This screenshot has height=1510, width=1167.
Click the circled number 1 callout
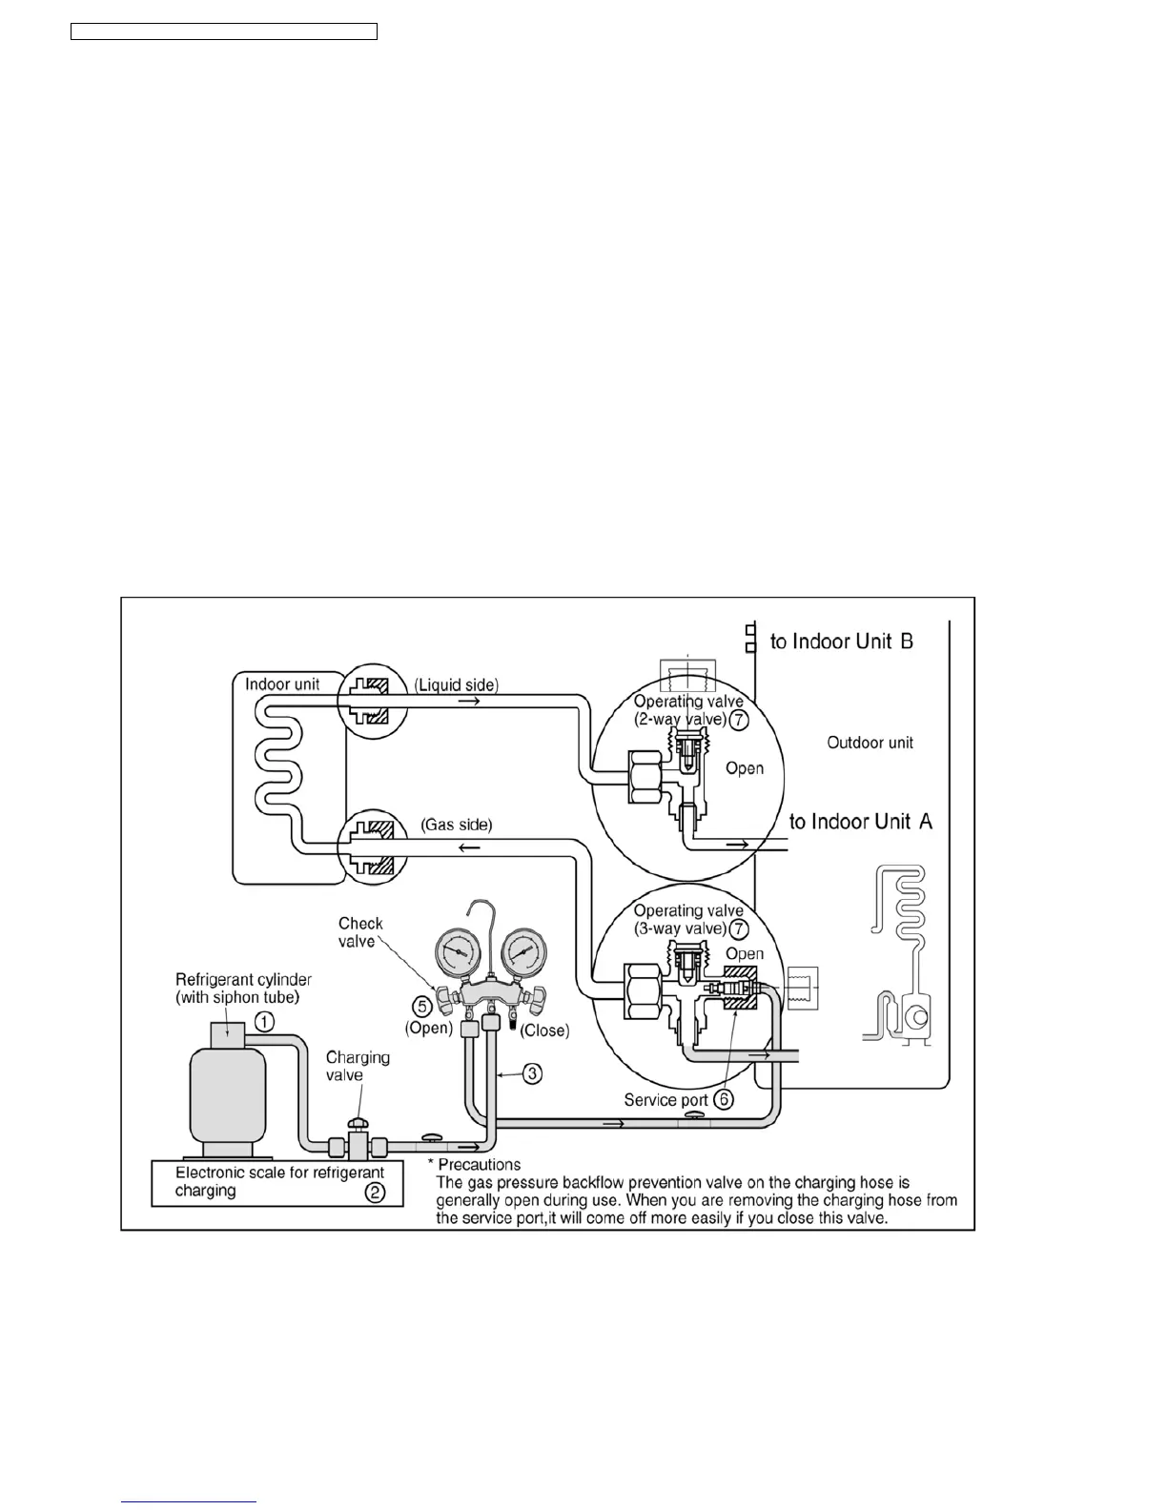tap(264, 1022)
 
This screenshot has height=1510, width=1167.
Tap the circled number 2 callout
tap(376, 1192)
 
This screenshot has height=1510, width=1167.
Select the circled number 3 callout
tap(532, 1073)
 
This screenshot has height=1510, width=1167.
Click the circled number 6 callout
tap(725, 1099)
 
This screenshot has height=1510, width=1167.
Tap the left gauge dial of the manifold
tap(458, 951)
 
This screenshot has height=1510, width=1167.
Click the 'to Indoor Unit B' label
tap(841, 642)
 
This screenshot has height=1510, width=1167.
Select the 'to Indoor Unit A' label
tap(860, 821)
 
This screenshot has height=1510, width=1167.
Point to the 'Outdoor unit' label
tap(870, 743)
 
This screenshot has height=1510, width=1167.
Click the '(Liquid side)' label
tap(456, 684)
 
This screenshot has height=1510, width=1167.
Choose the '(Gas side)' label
tap(457, 825)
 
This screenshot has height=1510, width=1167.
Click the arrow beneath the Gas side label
tap(469, 847)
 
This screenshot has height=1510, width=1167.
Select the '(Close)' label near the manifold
tap(544, 1030)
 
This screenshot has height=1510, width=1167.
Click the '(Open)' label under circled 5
tap(428, 1029)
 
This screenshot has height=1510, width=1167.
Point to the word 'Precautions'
tap(479, 1164)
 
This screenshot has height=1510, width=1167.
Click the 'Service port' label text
tap(665, 1100)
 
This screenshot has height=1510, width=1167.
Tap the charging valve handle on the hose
tap(358, 1128)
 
